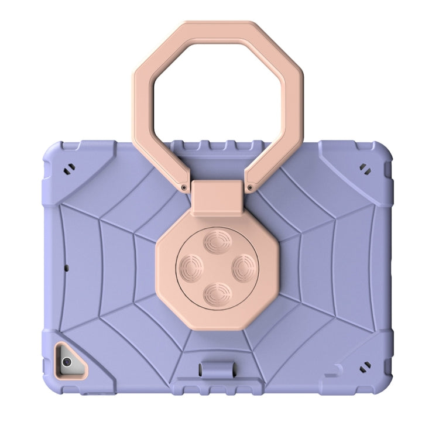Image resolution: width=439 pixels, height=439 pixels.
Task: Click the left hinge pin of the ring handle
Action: pyautogui.click(x=185, y=187)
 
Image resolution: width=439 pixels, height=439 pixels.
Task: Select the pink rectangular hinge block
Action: pyautogui.click(x=218, y=196)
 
